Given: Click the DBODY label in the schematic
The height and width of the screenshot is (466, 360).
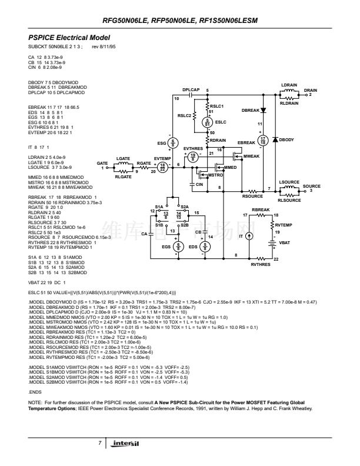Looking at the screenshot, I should tap(286, 139).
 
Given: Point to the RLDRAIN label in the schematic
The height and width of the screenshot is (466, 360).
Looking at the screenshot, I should tap(289, 103).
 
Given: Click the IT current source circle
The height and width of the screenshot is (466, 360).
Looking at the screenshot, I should tap(248, 236).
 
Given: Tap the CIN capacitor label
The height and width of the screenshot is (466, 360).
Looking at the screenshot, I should tap(200, 185).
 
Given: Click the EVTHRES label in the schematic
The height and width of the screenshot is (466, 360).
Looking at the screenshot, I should tap(193, 148).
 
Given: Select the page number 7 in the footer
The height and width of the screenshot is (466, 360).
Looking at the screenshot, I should tap(101, 441).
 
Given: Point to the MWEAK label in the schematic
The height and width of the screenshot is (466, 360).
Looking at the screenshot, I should tap(251, 156).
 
